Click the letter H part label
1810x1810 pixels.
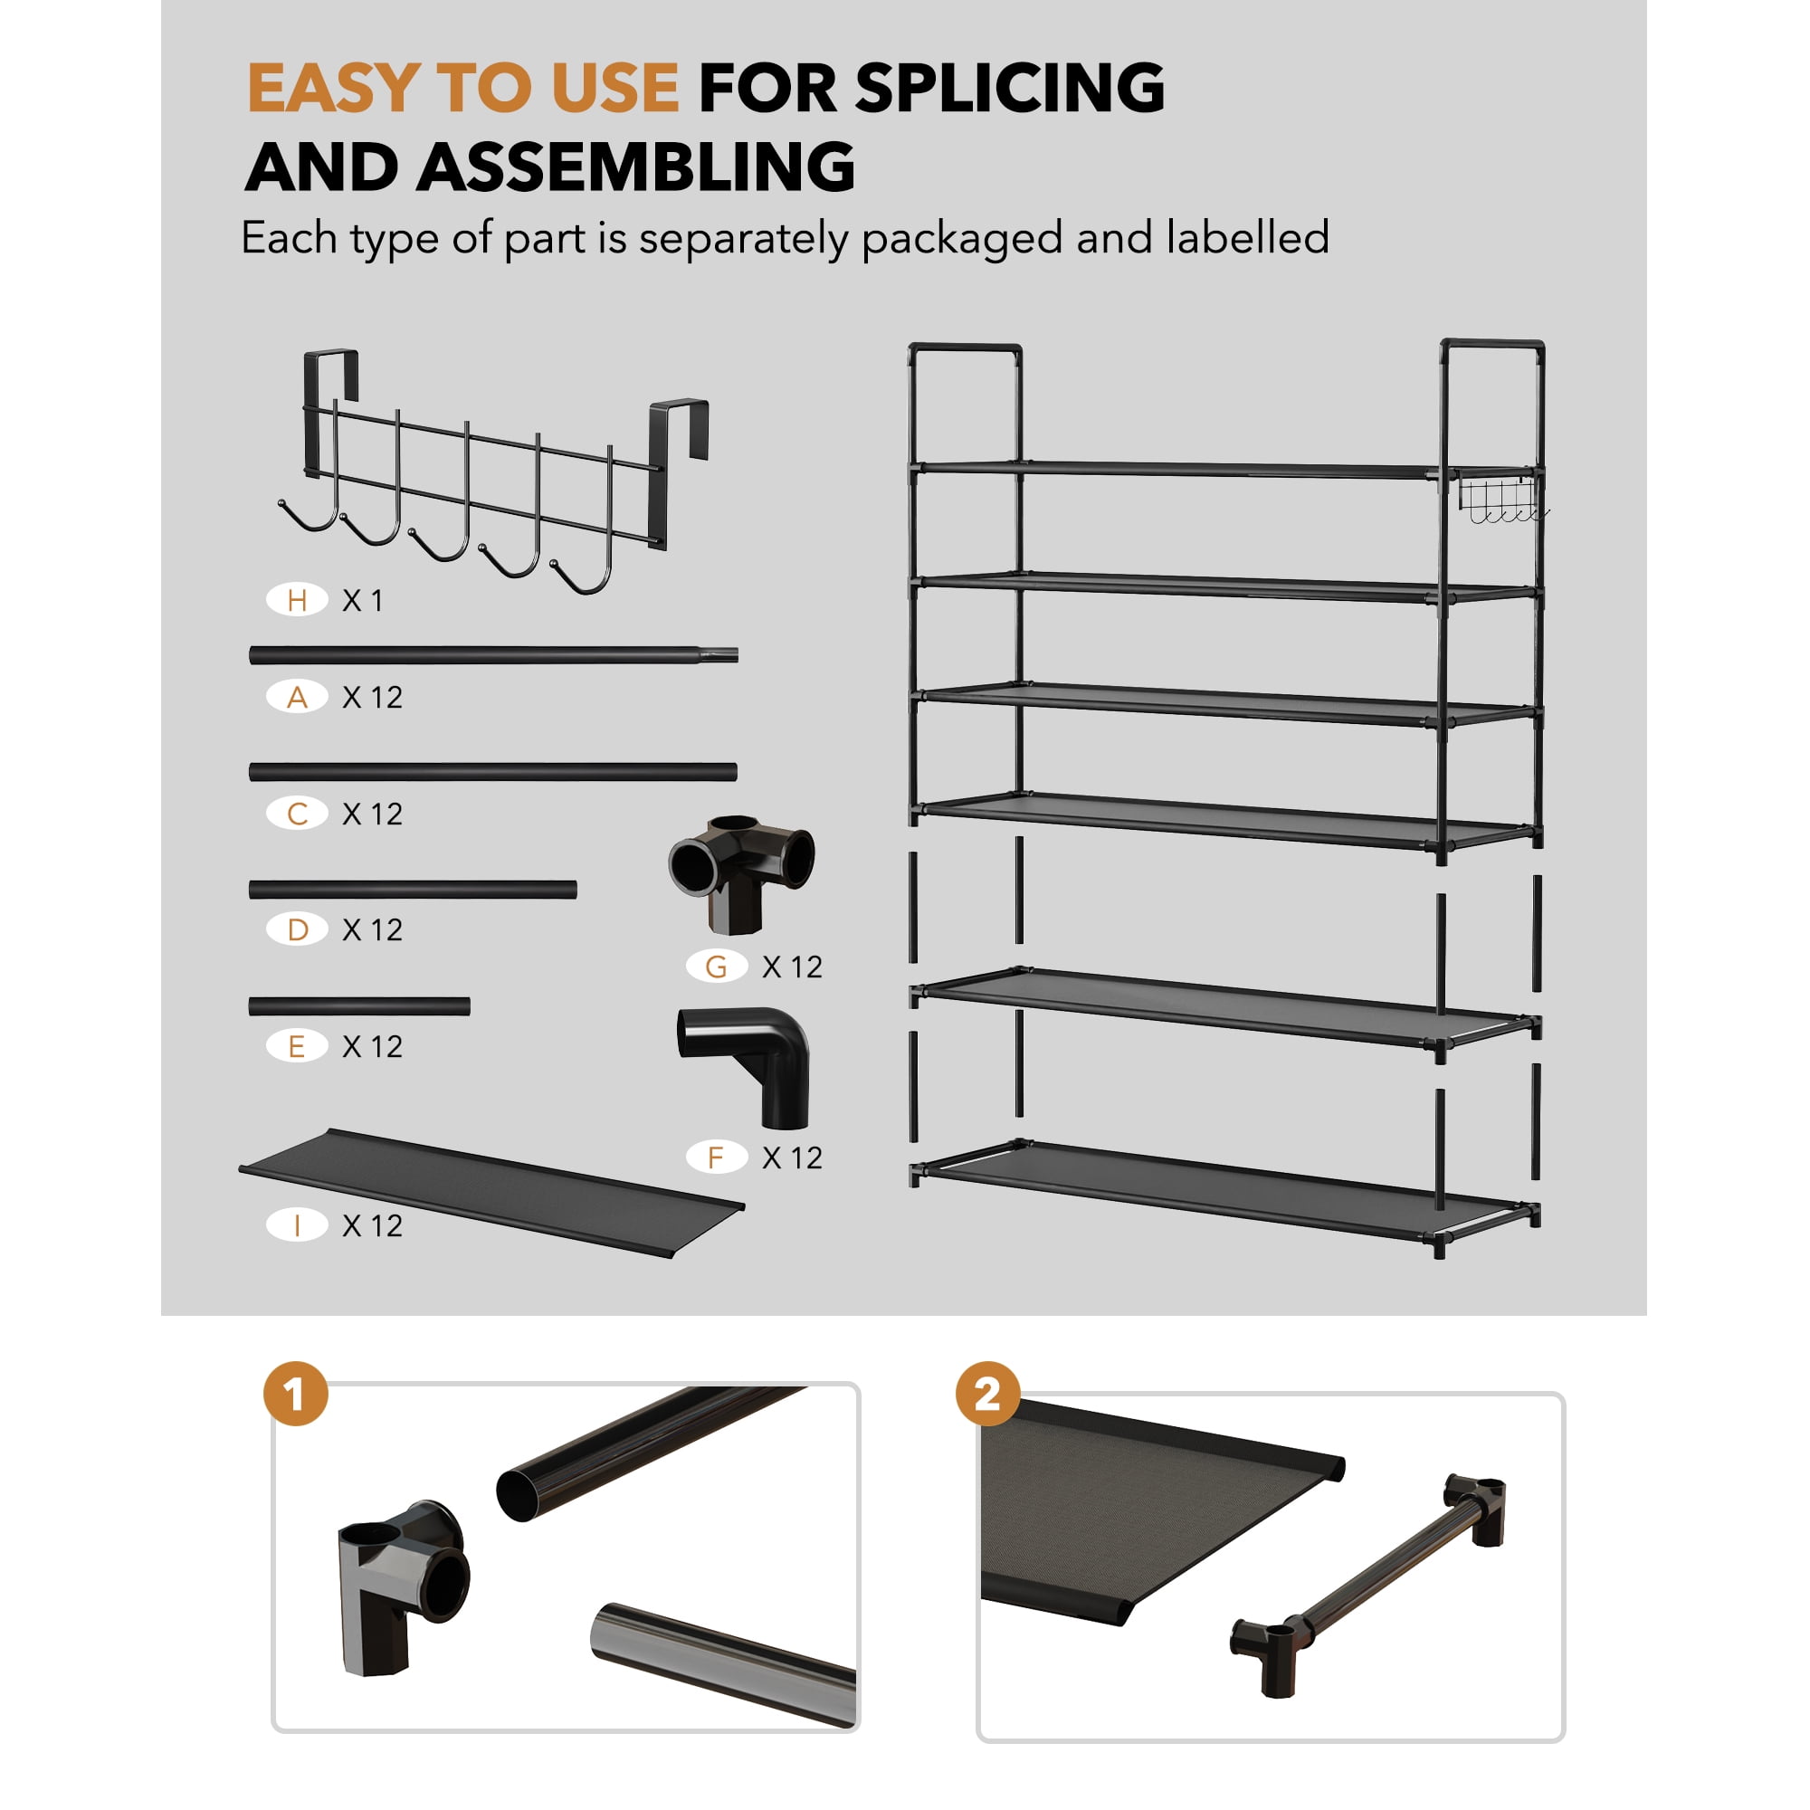pos(297,600)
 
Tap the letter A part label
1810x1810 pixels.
pos(297,697)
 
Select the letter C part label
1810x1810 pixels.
pos(297,814)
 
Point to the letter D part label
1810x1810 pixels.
pos(297,929)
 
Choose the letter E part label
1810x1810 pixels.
pos(297,1045)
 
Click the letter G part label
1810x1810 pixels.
pos(717,967)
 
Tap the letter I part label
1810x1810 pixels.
pos(297,1225)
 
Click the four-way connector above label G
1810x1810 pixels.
pos(741,873)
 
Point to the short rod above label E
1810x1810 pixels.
pos(358,1006)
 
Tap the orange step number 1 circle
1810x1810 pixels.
pos(296,1394)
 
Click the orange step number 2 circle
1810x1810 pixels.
pos(987,1394)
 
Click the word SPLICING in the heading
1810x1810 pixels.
pos(1010,88)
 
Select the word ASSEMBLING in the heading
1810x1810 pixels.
pos(636,167)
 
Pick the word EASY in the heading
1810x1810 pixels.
pos(332,88)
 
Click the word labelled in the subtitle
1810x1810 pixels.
pos(1247,237)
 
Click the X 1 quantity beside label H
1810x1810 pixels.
pos(363,601)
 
